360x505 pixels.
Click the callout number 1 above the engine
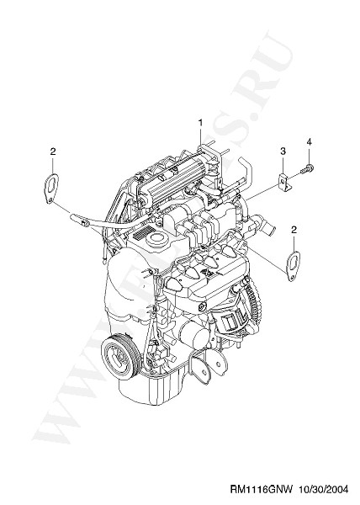[200, 123]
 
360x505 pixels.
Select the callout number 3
[283, 151]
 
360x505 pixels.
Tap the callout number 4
[309, 142]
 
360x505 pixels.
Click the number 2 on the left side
[53, 151]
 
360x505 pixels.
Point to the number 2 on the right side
[294, 230]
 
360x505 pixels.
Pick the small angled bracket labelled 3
[283, 182]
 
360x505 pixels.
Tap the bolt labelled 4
[307, 168]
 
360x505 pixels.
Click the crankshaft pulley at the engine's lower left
[119, 356]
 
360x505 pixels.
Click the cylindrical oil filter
[193, 336]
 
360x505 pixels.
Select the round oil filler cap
[158, 240]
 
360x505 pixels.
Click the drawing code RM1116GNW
[261, 490]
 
